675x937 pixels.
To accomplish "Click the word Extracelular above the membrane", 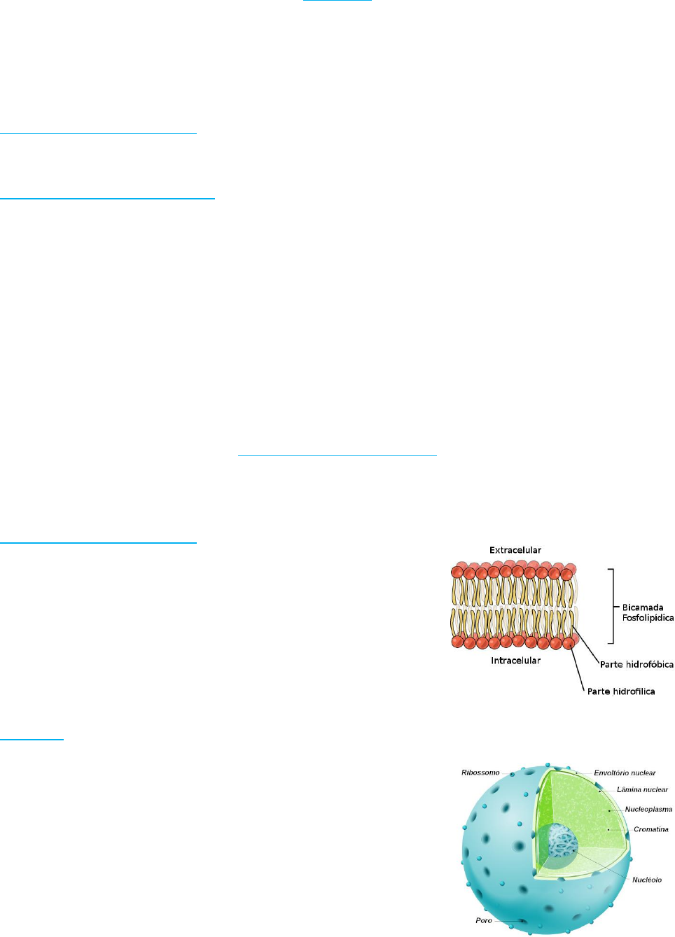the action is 515,550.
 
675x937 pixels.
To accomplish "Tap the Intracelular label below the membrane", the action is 515,661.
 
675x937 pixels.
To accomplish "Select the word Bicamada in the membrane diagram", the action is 642,607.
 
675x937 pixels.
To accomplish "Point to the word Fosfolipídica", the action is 648,618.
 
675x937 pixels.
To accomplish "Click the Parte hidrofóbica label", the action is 636,664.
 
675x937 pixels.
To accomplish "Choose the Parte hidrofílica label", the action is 621,691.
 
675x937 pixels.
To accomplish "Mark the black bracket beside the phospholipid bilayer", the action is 613,606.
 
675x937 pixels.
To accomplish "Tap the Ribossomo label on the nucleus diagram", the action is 480,773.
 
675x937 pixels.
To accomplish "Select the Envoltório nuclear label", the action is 625,773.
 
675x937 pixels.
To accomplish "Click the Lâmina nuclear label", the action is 642,789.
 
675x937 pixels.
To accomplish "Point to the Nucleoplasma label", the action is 648,809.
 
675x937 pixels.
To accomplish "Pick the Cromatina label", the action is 650,829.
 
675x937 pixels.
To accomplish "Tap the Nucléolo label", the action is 646,880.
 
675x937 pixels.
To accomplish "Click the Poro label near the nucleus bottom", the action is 483,920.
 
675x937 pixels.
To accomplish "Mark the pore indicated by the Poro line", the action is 521,921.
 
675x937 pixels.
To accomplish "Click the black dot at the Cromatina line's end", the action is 608,830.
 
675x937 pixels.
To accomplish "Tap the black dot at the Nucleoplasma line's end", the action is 608,810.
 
